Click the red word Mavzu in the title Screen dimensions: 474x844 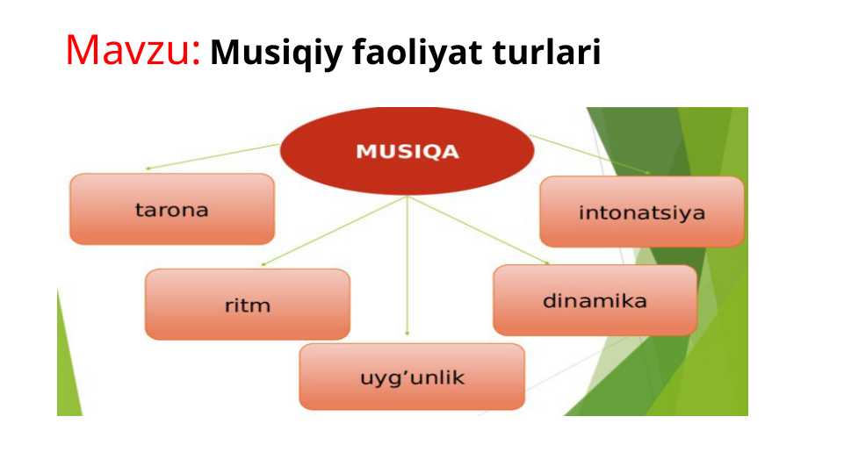tap(126, 51)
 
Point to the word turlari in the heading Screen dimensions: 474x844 tap(545, 54)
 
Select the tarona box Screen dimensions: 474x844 tap(172, 209)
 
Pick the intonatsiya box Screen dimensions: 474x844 tap(642, 212)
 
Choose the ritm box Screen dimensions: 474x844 tap(248, 305)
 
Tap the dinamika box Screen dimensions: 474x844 tap(595, 300)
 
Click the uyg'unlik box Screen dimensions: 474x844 tap(412, 377)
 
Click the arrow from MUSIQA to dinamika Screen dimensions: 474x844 tap(479, 230)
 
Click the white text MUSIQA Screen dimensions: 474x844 tap(407, 151)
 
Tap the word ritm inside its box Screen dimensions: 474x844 tap(248, 306)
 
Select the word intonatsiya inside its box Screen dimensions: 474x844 tap(642, 213)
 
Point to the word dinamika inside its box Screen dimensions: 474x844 tap(595, 301)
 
